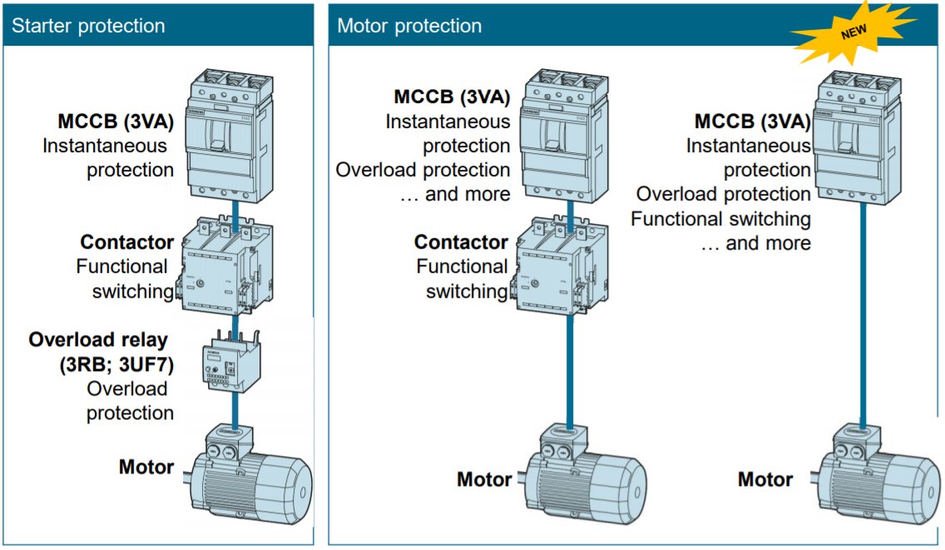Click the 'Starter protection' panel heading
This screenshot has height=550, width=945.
(88, 25)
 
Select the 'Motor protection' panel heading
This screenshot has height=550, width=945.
(409, 25)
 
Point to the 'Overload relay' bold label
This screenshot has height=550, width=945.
(98, 339)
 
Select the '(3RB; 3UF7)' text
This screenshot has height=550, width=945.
(115, 364)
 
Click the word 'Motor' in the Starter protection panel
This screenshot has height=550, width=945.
(146, 467)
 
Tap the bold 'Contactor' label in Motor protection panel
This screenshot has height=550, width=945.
(461, 242)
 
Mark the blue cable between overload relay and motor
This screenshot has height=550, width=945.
(236, 407)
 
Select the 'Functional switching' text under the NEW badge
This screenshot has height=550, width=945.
(720, 219)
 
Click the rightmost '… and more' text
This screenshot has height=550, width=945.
(755, 243)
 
